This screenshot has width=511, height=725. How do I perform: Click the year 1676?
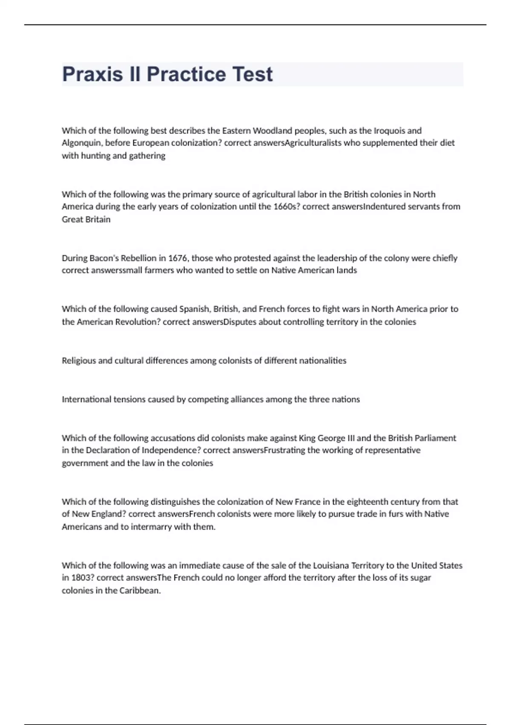click(178, 258)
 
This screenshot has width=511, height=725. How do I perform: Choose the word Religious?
click(79, 360)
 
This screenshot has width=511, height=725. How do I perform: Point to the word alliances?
click(247, 399)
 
